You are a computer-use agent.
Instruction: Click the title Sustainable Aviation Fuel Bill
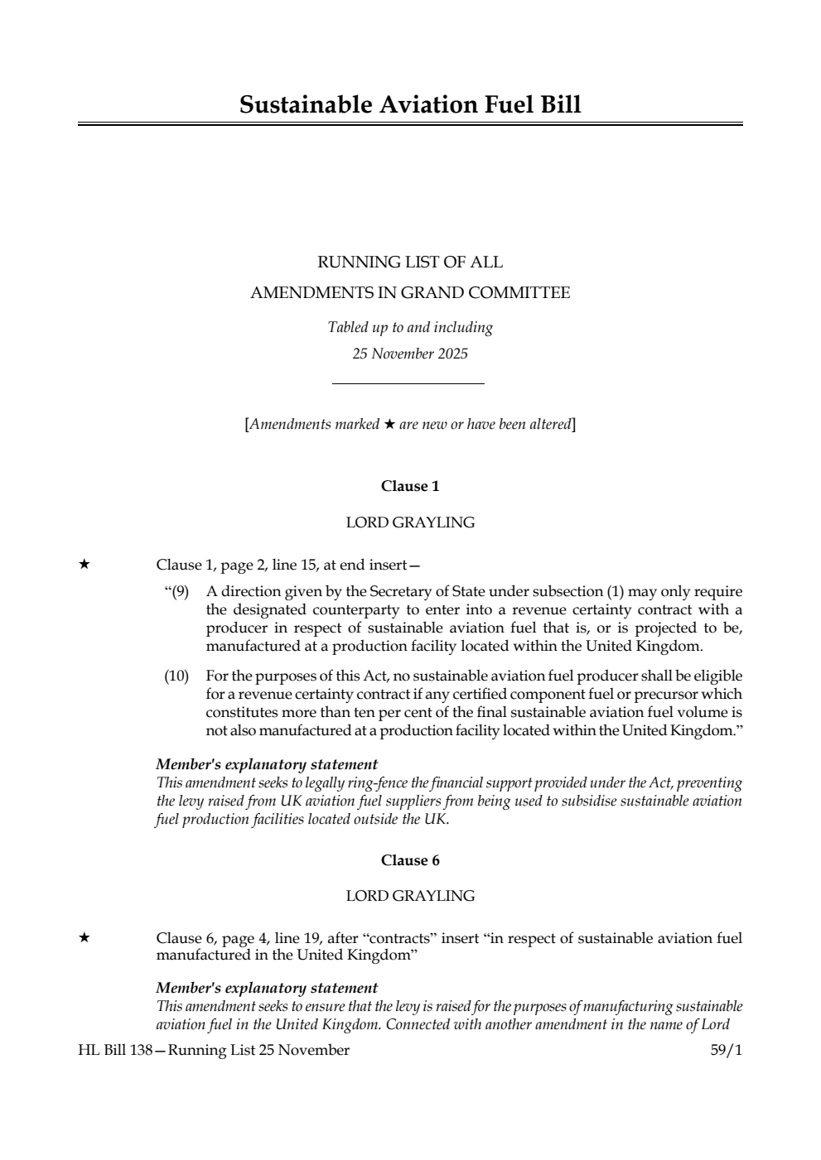pos(410,105)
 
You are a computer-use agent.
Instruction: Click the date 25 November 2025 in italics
pos(410,354)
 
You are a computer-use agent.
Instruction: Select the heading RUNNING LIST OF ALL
pos(410,262)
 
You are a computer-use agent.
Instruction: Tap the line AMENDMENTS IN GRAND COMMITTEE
pos(410,293)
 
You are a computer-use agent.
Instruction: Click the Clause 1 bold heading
pos(410,487)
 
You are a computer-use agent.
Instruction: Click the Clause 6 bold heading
pos(410,860)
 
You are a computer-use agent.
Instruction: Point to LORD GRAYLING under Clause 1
pos(410,522)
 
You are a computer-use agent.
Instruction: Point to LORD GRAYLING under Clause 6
pos(410,896)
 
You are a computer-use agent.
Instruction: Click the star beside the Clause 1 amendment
pos(84,565)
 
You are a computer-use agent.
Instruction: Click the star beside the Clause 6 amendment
pos(84,938)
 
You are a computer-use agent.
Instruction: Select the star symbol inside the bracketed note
pos(389,425)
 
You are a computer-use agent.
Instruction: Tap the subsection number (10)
pos(176,676)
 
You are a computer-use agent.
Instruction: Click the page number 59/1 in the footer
pos(726,1051)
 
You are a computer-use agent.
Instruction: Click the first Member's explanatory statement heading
pos(267,765)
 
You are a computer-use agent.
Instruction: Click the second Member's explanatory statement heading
pos(267,988)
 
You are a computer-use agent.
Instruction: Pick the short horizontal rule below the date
pos(408,383)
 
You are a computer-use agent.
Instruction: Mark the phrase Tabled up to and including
pos(410,328)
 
